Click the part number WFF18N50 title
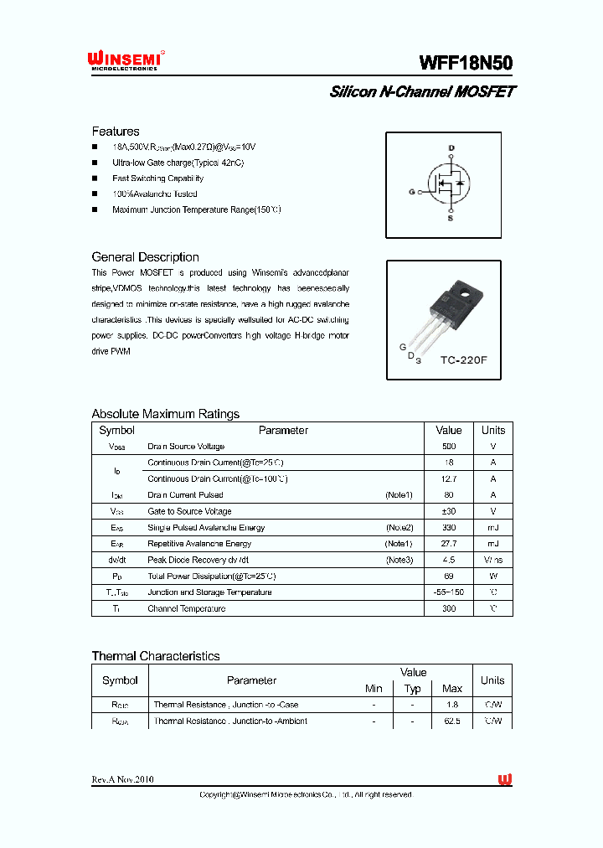click(x=466, y=63)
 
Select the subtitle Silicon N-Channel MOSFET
click(x=422, y=92)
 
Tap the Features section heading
click(x=116, y=132)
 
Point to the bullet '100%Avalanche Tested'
click(x=155, y=194)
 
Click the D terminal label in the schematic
click(x=451, y=148)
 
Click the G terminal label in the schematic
click(x=411, y=192)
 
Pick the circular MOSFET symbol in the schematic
click(x=448, y=183)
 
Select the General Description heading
click(x=145, y=257)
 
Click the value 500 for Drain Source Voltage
click(x=449, y=447)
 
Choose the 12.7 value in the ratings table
click(x=449, y=478)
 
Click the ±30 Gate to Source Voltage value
click(x=449, y=511)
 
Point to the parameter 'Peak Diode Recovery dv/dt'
click(x=198, y=560)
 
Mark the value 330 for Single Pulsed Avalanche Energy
click(x=449, y=528)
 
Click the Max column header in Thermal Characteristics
click(x=451, y=689)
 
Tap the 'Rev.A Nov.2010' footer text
click(x=122, y=780)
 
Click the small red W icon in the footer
click(x=504, y=779)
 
